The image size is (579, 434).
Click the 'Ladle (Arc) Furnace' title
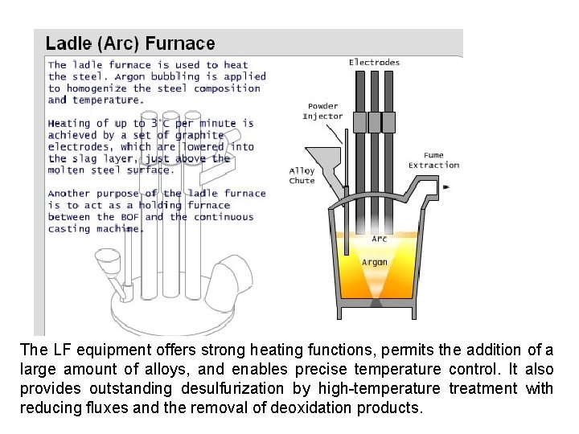pyautogui.click(x=130, y=43)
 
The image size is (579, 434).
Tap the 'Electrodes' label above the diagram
pyautogui.click(x=374, y=62)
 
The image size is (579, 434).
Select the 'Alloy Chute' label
pyautogui.click(x=302, y=175)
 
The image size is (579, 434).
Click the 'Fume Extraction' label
pyautogui.click(x=433, y=160)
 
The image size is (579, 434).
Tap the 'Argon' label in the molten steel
pyautogui.click(x=375, y=262)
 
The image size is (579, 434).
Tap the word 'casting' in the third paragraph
pyautogui.click(x=67, y=228)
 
